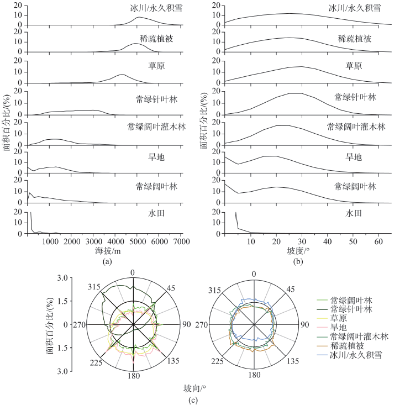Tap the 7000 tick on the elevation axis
(x=181, y=241)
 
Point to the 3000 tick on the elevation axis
(x=93, y=241)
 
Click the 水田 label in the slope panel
(x=354, y=213)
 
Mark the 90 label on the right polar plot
(x=304, y=325)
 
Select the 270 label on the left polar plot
(x=79, y=325)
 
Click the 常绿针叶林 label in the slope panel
(x=354, y=97)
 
